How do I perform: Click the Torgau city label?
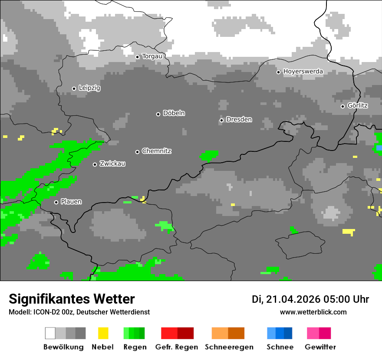(x=152, y=56)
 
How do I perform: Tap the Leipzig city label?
(x=89, y=88)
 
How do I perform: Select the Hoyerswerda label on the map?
(x=303, y=72)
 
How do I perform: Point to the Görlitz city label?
(x=357, y=105)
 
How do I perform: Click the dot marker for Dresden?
(x=221, y=120)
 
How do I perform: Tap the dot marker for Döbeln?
(x=158, y=114)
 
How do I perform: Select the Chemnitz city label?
(x=156, y=151)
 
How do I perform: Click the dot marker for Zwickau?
(x=95, y=164)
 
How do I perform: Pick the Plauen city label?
(x=71, y=202)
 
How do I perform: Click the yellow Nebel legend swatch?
(x=103, y=333)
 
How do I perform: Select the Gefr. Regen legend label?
(x=177, y=347)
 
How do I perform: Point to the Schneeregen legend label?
(x=229, y=347)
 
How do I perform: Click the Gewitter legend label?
(x=320, y=347)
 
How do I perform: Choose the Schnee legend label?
(x=280, y=347)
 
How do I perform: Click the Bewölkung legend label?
(x=63, y=347)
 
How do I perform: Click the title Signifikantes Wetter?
(x=72, y=299)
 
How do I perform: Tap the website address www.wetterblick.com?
(x=313, y=312)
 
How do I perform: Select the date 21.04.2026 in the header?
(x=293, y=299)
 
